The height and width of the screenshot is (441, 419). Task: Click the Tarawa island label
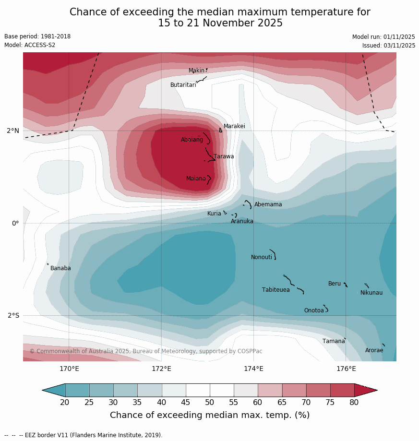point(224,156)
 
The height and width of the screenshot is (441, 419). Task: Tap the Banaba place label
point(60,268)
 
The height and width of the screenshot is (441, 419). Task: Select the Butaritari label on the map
point(183,85)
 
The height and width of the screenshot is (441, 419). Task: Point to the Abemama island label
point(268,204)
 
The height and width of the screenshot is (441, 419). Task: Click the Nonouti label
point(261,257)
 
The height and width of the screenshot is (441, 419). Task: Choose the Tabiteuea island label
point(275,290)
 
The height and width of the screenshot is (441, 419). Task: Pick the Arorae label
point(374,350)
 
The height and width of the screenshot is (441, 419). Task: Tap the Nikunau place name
point(371,293)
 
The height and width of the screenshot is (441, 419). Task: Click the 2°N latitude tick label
point(13,131)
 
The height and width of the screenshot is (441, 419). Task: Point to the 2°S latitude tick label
point(13,315)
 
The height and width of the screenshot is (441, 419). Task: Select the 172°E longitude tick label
point(161,369)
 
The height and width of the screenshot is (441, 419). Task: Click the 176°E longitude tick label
point(346,369)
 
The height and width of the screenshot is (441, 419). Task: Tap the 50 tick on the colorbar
point(210,402)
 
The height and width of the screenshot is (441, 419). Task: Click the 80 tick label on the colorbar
point(354,402)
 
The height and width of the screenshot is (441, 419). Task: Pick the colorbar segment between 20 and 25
point(77,390)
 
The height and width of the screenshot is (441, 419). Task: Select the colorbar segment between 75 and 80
point(342,390)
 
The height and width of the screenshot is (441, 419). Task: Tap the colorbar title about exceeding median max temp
point(210,415)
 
